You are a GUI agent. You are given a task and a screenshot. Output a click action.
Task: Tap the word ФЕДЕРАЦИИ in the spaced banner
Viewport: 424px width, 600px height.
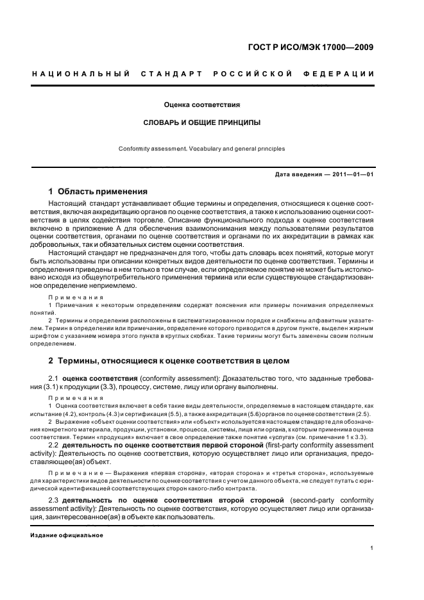[x=344, y=74]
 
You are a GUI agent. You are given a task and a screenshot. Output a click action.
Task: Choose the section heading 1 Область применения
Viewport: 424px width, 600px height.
[x=98, y=191]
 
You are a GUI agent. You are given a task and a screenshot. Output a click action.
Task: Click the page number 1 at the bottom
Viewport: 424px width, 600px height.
[x=373, y=548]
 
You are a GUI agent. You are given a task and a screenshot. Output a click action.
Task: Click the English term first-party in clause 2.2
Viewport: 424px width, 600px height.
[x=284, y=444]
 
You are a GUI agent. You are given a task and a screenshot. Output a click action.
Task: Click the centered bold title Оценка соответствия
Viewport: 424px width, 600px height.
[x=201, y=103]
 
